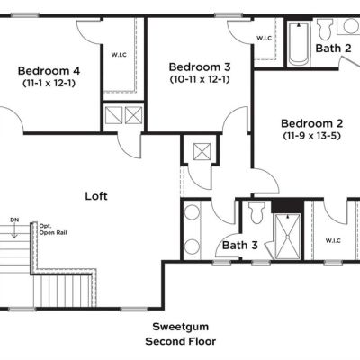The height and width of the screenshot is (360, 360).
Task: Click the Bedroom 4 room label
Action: pos(49,71)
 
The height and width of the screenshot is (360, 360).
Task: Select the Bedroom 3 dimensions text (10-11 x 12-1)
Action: pos(200,79)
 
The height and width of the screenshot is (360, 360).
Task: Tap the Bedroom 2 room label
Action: pos(312,123)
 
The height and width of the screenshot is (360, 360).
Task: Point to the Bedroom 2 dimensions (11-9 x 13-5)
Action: pos(312,136)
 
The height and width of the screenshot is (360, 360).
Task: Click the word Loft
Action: pos(96,196)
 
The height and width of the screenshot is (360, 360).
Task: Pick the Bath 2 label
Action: pos(333,48)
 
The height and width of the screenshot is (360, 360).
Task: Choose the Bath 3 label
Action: pos(240,245)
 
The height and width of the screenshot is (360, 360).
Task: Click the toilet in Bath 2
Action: pos(325,30)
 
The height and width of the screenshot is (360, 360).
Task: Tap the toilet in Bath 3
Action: pos(257,213)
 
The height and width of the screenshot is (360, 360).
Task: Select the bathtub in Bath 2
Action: pos(299,44)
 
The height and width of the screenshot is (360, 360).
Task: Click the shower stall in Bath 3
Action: pos(287,237)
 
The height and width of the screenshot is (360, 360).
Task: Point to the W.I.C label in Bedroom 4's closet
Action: pos(119,55)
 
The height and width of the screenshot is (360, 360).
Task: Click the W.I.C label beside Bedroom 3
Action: pos(265,38)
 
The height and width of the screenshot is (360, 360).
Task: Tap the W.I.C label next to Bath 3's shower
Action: pos(333,240)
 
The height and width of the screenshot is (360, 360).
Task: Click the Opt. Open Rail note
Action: pos(53,229)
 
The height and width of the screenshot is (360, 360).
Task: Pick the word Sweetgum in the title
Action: pos(181,327)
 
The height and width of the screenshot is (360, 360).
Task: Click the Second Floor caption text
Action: pos(181,341)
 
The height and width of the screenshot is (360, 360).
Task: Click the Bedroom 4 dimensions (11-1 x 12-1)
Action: pos(49,83)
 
